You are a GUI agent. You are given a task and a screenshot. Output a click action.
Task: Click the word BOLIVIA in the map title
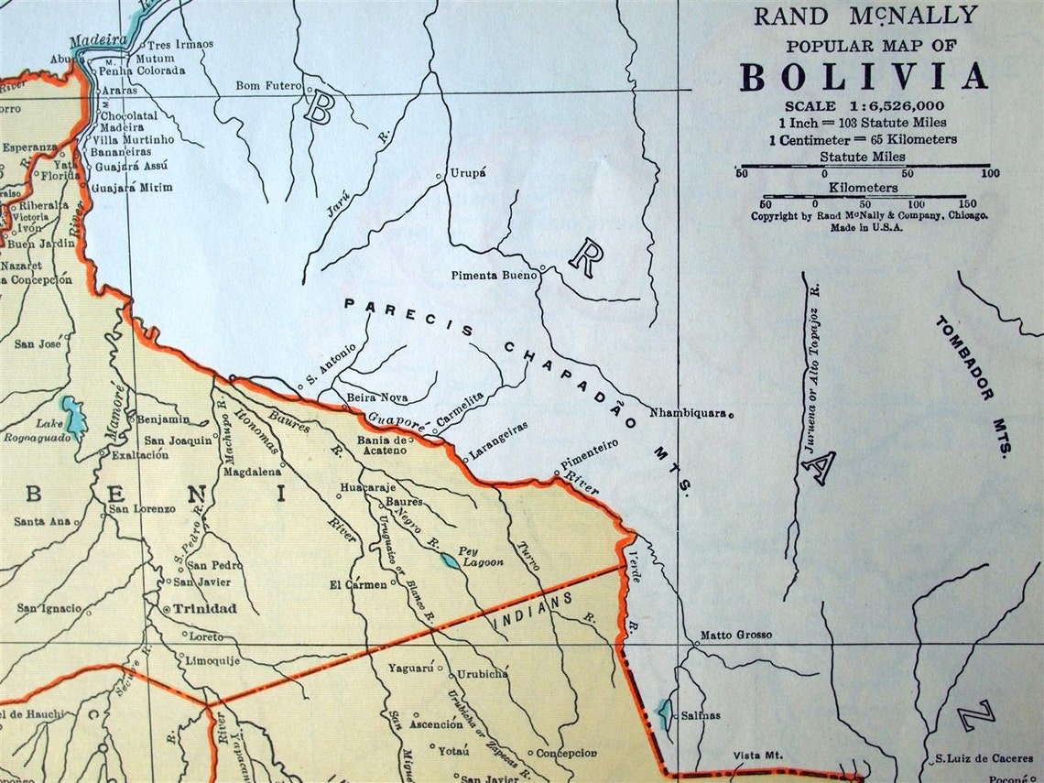pyautogui.click(x=864, y=76)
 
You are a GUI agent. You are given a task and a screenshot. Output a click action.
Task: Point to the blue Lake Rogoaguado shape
pyautogui.click(x=72, y=415)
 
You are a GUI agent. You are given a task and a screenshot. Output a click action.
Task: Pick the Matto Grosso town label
pyautogui.click(x=735, y=635)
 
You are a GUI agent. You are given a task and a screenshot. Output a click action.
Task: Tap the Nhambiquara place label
pyautogui.click(x=688, y=413)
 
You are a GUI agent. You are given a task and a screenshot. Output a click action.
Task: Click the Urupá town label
pyautogui.click(x=467, y=172)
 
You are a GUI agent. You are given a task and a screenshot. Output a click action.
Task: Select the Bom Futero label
pyautogui.click(x=268, y=86)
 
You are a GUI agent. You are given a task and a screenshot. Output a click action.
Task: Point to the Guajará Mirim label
pyautogui.click(x=132, y=187)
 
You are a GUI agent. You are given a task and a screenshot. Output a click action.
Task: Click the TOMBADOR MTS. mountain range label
pyautogui.click(x=973, y=385)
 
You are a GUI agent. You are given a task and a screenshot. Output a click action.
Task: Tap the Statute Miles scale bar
pyautogui.click(x=864, y=166)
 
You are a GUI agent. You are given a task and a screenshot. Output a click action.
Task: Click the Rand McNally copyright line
pyautogui.click(x=869, y=216)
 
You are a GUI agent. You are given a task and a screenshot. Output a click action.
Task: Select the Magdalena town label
pyautogui.click(x=252, y=472)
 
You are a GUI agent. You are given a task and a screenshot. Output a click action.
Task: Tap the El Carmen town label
pyautogui.click(x=358, y=583)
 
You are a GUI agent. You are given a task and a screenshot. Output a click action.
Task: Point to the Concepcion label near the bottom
pyautogui.click(x=567, y=753)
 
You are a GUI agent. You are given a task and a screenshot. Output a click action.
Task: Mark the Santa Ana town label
pyautogui.click(x=42, y=522)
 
